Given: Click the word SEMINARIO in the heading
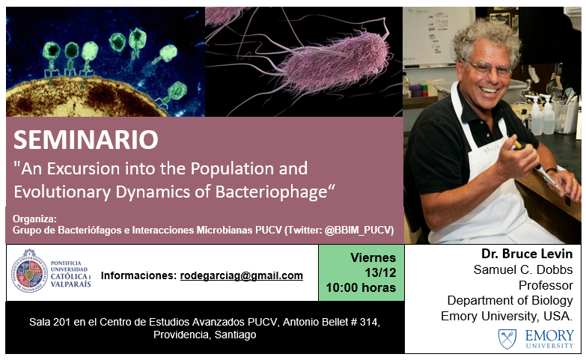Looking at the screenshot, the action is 85,139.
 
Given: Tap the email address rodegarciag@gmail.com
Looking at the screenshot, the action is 242,275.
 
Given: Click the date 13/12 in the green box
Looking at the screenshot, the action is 380,272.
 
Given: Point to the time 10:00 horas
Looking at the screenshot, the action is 361,287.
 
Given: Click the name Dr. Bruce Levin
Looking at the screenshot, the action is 527,254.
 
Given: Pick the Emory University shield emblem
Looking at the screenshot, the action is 507,339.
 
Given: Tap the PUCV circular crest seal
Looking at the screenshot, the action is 29,271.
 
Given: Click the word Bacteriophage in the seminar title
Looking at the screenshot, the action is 271,192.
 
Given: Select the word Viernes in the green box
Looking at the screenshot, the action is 373,257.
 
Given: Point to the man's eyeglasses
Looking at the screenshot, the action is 489,68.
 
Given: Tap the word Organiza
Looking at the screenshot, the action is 34,219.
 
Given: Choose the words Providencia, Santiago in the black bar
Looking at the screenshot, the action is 205,335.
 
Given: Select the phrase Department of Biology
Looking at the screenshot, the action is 510,301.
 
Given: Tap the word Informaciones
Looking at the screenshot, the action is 138,275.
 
